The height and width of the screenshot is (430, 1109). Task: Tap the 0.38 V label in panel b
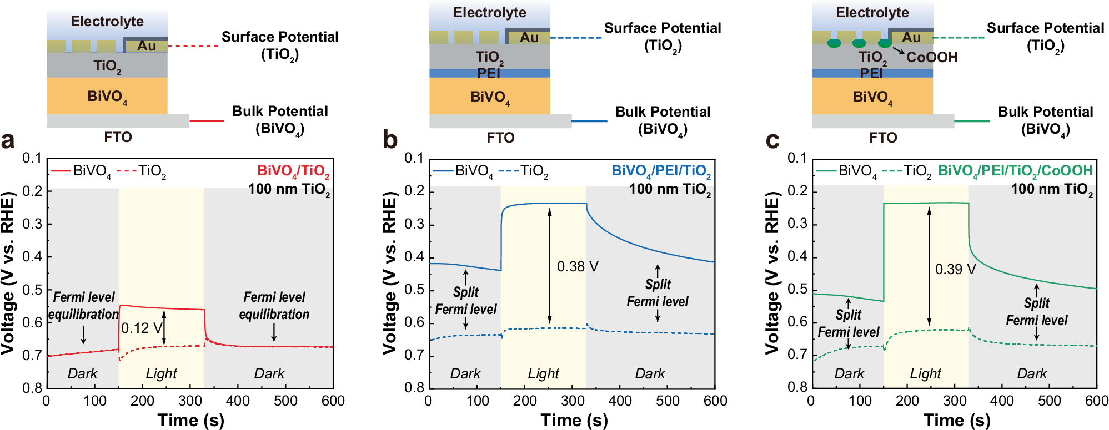[x=578, y=267]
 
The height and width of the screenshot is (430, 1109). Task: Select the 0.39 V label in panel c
[x=955, y=270]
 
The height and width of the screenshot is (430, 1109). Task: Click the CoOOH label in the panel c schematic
[x=932, y=57]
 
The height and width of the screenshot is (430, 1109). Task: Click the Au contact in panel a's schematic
[x=146, y=45]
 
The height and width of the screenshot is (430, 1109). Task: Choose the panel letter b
[x=390, y=140]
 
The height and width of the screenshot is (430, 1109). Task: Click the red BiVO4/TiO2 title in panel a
[x=293, y=171]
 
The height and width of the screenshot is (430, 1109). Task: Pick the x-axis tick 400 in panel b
[x=620, y=401]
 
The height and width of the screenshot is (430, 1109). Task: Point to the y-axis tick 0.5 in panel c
[x=798, y=289]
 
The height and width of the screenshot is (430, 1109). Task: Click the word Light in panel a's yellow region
[x=161, y=373]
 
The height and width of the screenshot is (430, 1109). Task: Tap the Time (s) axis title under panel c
[x=957, y=419]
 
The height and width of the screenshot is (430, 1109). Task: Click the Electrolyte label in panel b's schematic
[x=489, y=13]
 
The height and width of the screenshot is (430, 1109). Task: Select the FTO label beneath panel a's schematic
[x=118, y=137]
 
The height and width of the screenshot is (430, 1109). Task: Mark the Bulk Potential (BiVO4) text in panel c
[x=1045, y=120]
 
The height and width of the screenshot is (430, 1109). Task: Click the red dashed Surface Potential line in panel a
[x=193, y=46]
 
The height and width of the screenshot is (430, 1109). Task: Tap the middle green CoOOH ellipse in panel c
[x=859, y=43]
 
